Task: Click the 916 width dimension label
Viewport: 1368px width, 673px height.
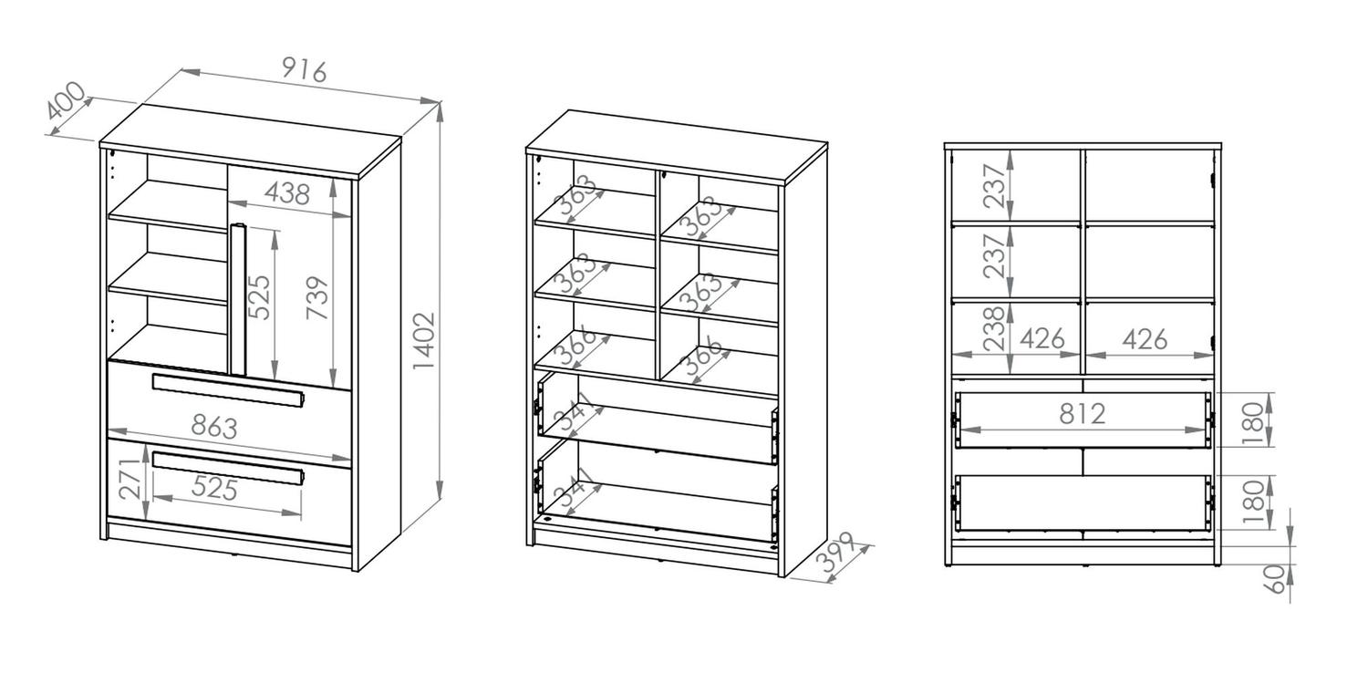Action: tap(305, 71)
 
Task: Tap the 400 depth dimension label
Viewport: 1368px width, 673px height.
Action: tap(66, 100)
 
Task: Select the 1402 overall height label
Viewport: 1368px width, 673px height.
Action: tap(424, 341)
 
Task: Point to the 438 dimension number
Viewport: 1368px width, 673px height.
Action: tap(287, 193)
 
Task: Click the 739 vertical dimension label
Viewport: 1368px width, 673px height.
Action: tap(317, 298)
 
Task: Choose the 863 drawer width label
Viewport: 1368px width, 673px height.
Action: tap(214, 426)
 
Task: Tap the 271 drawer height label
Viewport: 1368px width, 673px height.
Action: tap(130, 480)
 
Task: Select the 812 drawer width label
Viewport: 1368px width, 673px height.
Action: tap(1083, 413)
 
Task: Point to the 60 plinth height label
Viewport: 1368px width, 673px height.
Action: tap(1275, 579)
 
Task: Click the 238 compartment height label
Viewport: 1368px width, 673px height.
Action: tap(994, 328)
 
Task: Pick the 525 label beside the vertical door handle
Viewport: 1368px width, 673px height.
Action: tap(259, 297)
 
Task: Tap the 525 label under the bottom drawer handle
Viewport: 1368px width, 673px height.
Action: tap(214, 488)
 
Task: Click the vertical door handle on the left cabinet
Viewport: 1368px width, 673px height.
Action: tap(237, 299)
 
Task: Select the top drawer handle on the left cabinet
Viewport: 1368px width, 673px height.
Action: tap(228, 390)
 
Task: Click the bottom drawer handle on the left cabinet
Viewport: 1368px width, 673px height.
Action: tap(228, 469)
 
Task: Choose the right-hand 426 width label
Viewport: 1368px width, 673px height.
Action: tap(1145, 339)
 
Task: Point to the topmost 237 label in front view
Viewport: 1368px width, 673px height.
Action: tap(994, 186)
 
